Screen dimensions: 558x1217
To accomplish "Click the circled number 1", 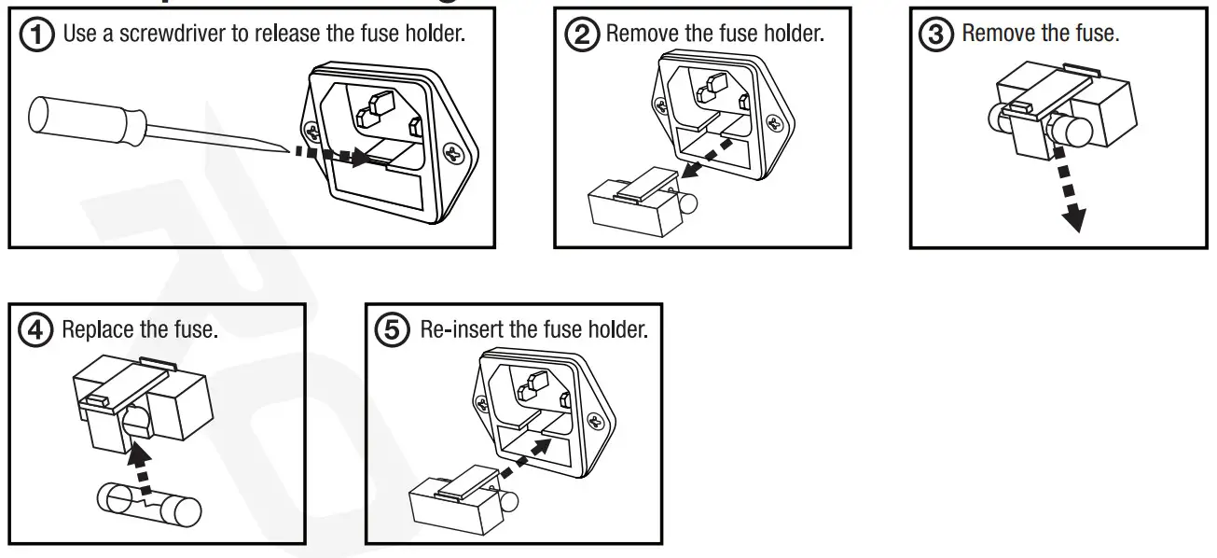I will [39, 35].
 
